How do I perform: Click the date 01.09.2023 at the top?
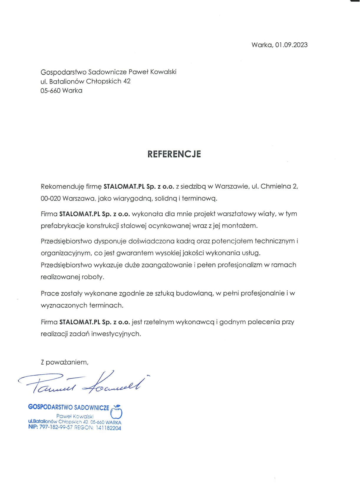(292, 45)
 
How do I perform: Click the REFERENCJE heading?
(174, 154)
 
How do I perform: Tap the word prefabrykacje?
(63, 226)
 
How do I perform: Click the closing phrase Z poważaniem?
(65, 362)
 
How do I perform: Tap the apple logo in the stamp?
(117, 412)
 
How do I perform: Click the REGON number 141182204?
(108, 428)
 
